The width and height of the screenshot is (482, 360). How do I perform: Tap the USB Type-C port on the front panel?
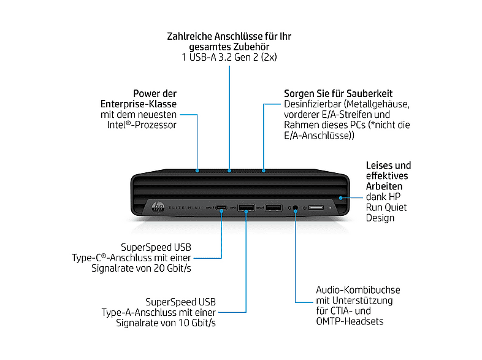[222, 209]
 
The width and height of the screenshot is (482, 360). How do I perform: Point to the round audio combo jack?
[296, 209]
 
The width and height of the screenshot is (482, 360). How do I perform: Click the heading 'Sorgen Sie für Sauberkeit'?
[338, 93]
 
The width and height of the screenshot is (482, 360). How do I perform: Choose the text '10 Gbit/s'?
[195, 323]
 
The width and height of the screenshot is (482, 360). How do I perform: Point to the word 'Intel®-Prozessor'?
[141, 125]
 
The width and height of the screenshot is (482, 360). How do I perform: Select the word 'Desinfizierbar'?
[312, 104]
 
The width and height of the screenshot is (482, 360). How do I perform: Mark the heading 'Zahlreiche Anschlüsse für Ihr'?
[229, 37]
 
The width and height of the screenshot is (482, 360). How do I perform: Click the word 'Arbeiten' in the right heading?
[384, 186]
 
